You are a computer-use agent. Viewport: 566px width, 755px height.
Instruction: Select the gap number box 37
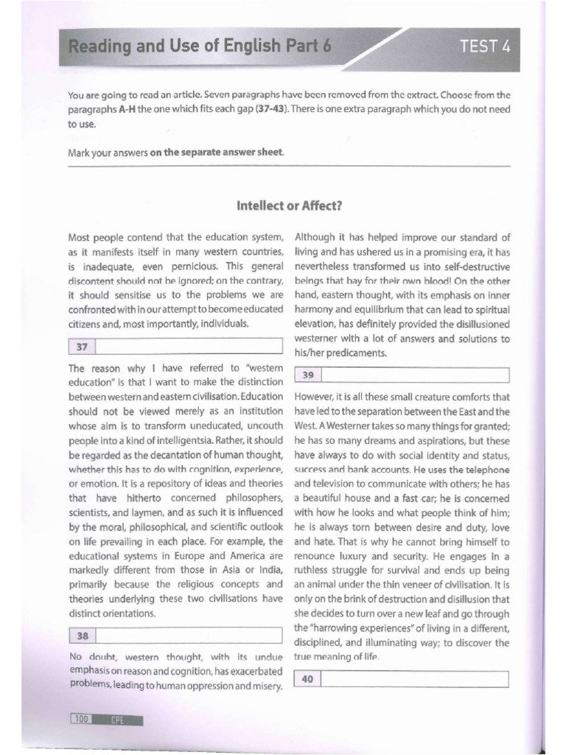(82, 346)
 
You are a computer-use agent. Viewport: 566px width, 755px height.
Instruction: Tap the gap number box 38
(82, 634)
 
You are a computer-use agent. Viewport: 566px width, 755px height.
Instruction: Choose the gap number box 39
(308, 375)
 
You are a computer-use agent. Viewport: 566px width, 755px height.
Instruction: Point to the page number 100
(80, 719)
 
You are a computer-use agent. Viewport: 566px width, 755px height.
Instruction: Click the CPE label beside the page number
(117, 719)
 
